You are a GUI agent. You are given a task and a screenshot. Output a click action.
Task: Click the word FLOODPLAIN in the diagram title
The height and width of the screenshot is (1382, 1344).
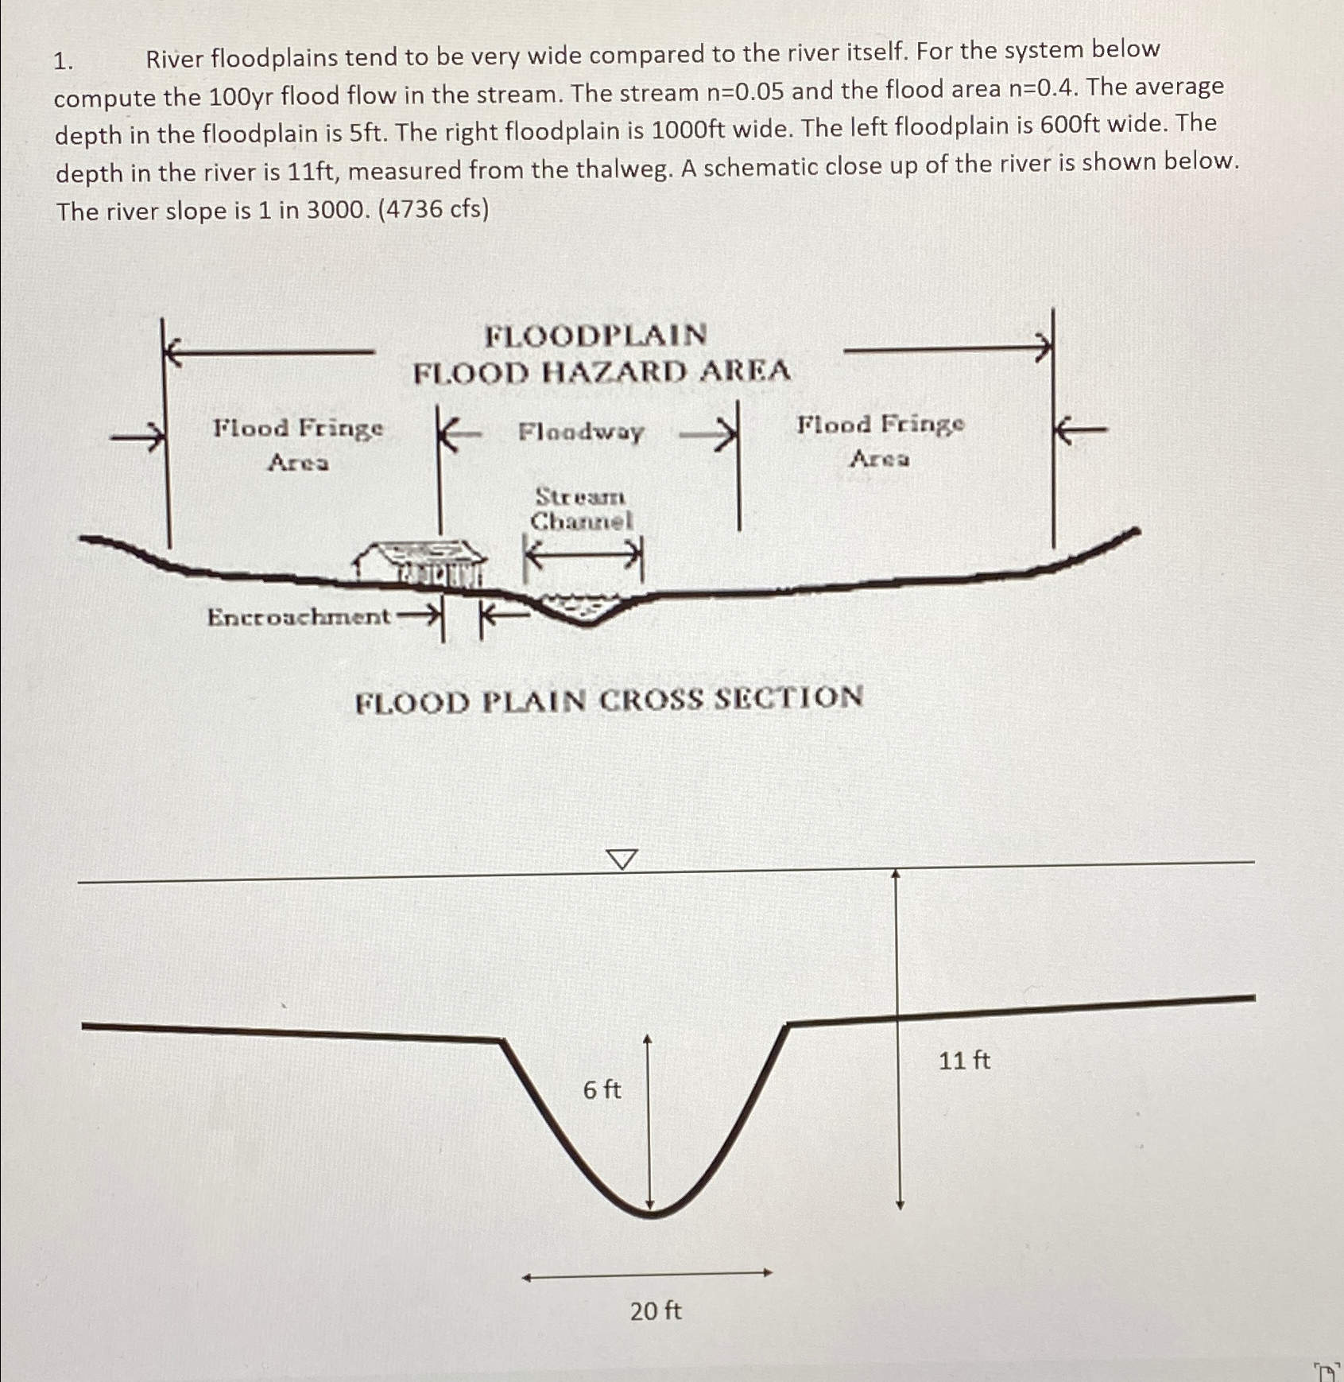tap(596, 335)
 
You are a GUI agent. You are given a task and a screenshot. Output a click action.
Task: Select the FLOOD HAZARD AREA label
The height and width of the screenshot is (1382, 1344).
tap(602, 372)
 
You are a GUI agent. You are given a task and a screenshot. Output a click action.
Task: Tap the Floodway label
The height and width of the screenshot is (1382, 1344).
tap(581, 432)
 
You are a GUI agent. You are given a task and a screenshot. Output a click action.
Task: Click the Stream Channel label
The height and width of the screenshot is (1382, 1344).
tap(581, 509)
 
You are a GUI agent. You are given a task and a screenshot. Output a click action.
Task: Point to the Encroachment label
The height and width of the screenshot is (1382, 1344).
tap(298, 617)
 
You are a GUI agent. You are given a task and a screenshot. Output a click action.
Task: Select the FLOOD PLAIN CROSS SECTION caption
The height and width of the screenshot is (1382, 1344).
tap(609, 701)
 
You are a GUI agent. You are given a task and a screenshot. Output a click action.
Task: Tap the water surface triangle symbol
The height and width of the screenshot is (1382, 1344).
tap(622, 859)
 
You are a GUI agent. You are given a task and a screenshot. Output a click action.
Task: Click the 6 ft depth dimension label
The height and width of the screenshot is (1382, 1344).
tap(602, 1089)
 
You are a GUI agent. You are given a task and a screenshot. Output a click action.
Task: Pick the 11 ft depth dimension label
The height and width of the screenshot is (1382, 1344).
tap(964, 1061)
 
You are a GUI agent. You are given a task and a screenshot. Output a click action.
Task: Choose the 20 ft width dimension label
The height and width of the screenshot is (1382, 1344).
tap(656, 1310)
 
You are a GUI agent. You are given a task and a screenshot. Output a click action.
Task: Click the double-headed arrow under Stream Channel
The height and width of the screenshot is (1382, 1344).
tap(583, 555)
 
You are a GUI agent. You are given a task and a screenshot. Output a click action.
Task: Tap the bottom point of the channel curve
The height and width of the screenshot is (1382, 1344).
tap(651, 1214)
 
